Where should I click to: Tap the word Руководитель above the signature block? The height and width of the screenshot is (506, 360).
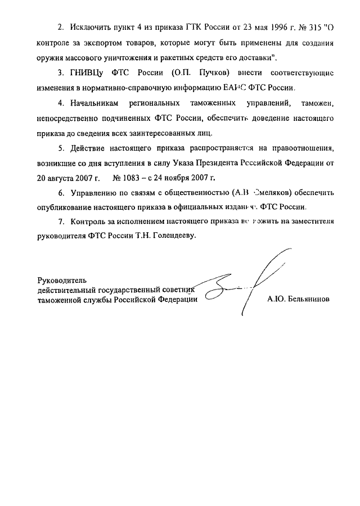(62, 279)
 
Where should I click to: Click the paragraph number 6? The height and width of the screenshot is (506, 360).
(61, 192)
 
